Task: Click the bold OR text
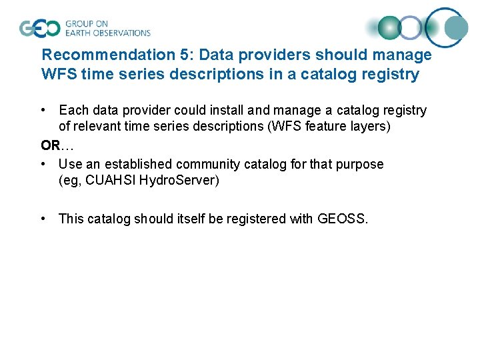[50, 145]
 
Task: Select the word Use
[69, 164]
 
